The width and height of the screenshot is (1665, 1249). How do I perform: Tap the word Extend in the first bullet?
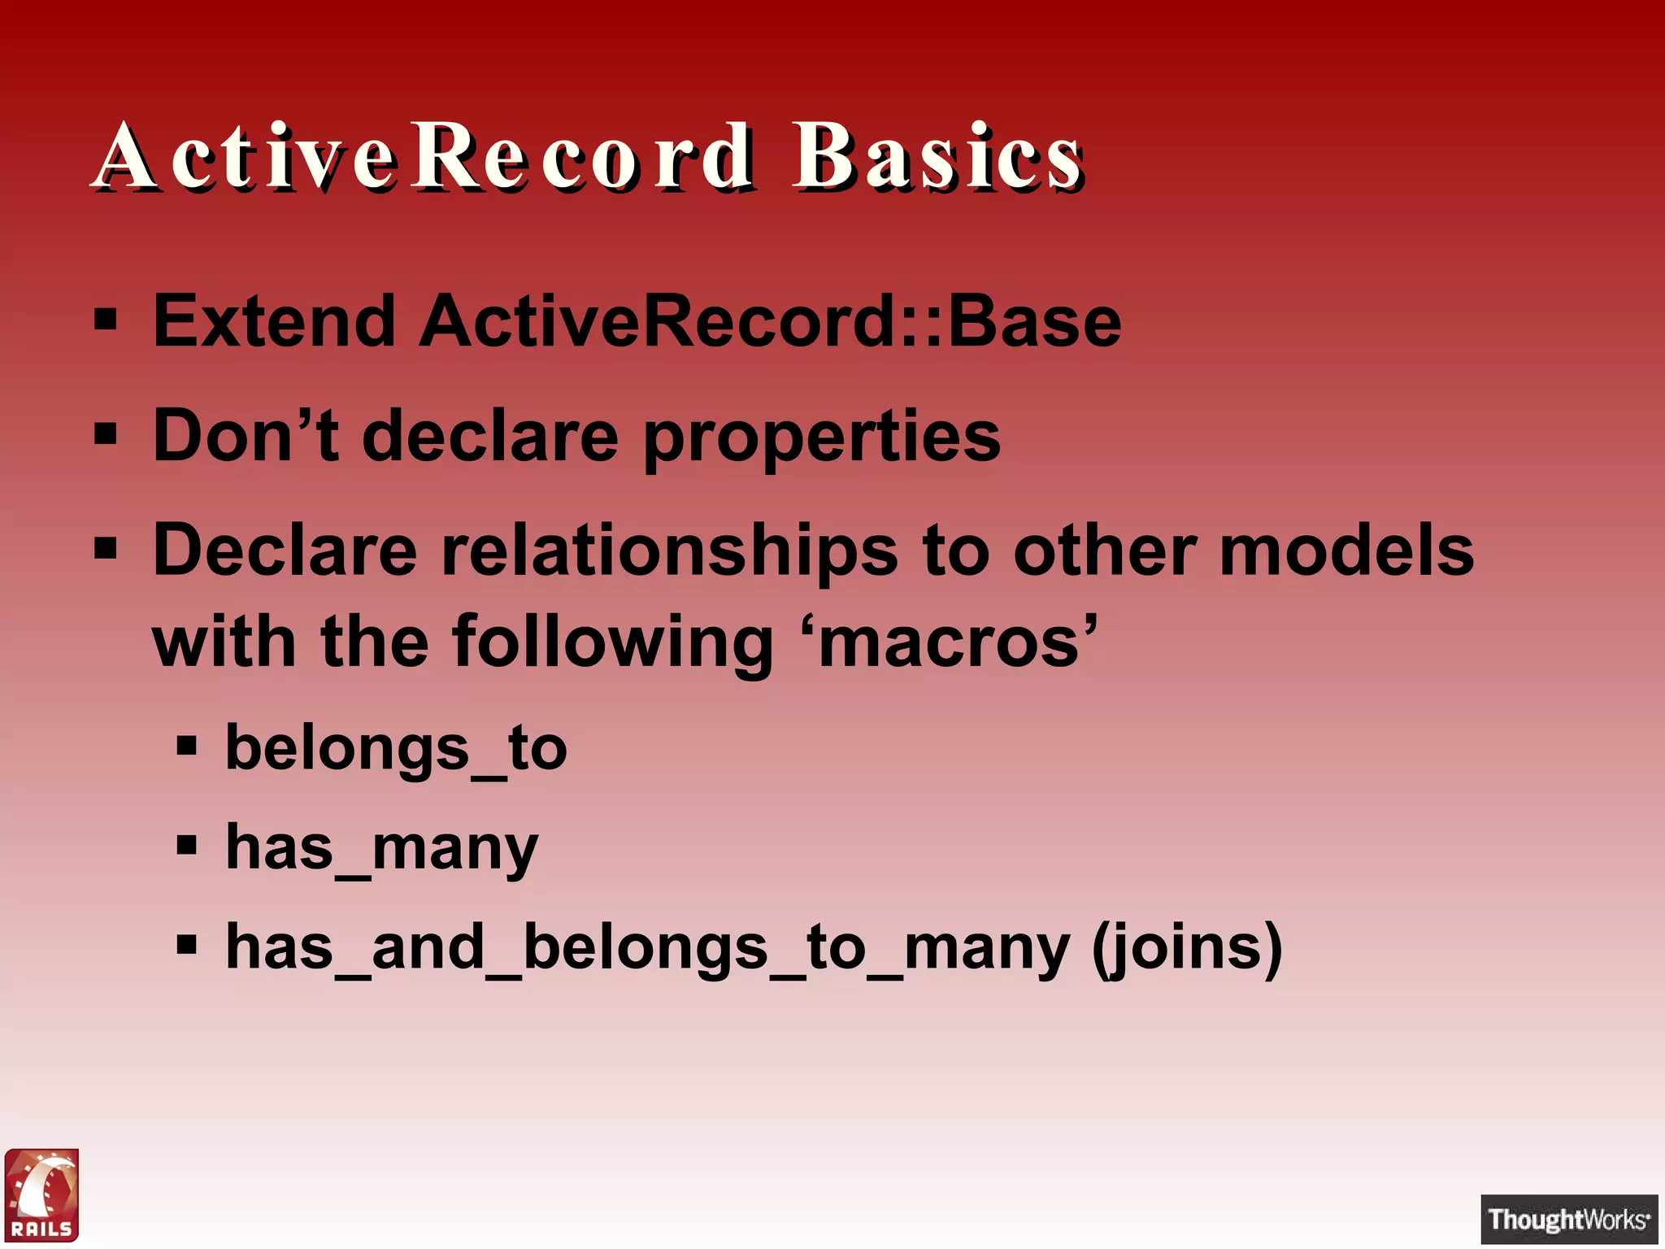[274, 322]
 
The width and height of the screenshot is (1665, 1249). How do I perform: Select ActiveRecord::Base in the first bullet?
[770, 322]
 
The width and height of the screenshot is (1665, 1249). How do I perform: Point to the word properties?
[821, 439]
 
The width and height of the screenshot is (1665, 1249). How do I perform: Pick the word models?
[1346, 551]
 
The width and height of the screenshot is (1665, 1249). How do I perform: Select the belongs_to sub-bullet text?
[396, 748]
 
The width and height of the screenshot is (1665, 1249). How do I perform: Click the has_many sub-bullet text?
[381, 848]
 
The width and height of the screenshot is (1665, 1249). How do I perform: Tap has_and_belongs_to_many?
[647, 948]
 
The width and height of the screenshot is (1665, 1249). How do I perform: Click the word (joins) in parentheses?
[1186, 948]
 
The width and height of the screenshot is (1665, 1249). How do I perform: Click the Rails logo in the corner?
[41, 1195]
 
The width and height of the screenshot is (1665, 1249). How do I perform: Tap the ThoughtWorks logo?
[1568, 1219]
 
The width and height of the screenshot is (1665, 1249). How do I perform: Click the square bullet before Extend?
[106, 320]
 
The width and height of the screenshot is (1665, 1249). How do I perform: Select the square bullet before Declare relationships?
[106, 549]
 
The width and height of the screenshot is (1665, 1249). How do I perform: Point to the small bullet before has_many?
[186, 846]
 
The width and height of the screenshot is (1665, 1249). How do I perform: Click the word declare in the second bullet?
[489, 437]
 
